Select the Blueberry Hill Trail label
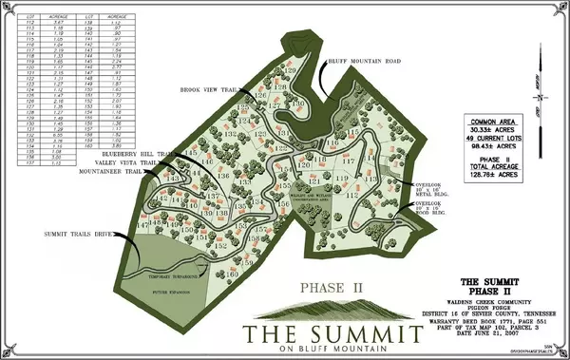[148, 152]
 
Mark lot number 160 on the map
[233, 274]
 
